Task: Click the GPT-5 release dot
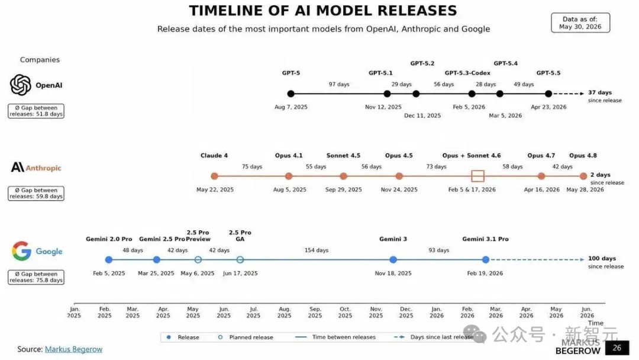(x=291, y=94)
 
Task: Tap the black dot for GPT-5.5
(x=548, y=94)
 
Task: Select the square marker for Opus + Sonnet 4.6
(x=477, y=176)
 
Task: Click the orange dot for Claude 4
(x=214, y=176)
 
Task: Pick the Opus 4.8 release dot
(x=583, y=176)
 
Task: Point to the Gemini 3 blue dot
(x=393, y=260)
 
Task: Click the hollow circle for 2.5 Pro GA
(x=240, y=260)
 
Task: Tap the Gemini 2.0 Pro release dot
(x=108, y=260)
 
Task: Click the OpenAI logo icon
(x=20, y=85)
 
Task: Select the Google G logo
(x=22, y=250)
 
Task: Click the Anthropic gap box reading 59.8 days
(x=36, y=193)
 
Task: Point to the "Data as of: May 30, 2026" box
(x=580, y=23)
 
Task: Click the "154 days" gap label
(x=316, y=250)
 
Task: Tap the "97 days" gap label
(x=339, y=85)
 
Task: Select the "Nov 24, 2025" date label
(x=399, y=189)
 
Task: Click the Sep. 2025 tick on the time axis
(x=315, y=312)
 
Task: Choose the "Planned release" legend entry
(x=246, y=337)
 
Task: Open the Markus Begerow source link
(x=74, y=349)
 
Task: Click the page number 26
(x=617, y=348)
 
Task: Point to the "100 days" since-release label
(x=602, y=259)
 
